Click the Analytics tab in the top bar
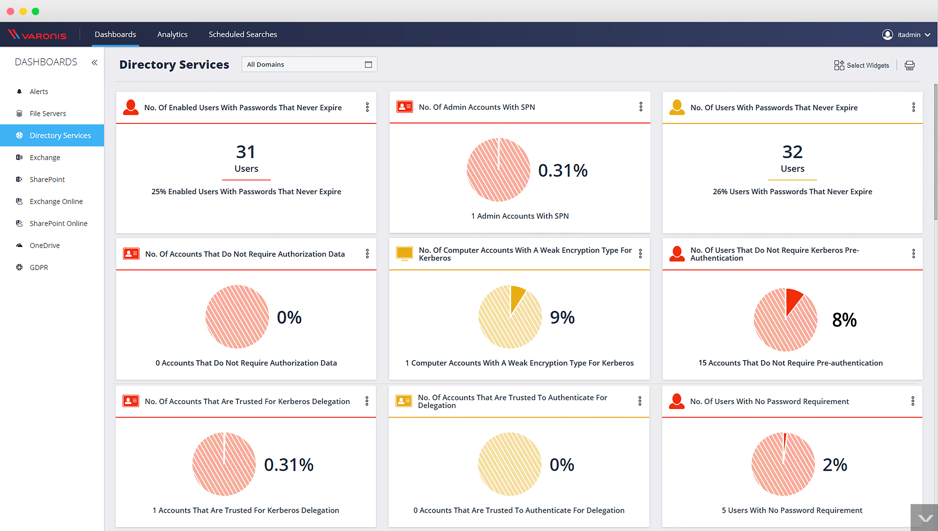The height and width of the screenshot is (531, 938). click(172, 34)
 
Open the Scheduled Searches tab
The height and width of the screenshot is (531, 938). click(243, 34)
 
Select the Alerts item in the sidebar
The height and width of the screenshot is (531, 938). click(39, 92)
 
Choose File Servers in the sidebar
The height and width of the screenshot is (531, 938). click(48, 113)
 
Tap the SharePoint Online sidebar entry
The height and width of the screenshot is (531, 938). click(58, 223)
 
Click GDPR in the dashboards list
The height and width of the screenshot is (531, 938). click(39, 267)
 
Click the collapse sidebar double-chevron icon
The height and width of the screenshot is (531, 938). click(95, 62)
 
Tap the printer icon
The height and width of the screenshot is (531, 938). click(910, 65)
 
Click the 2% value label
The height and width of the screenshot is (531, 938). click(835, 465)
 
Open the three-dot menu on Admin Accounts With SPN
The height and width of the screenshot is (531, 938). click(641, 107)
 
